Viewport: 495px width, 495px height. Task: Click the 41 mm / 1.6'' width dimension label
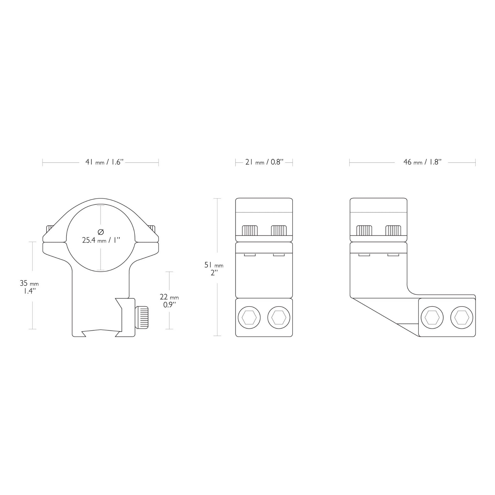click(104, 162)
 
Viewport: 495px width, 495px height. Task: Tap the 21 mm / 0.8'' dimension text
click(264, 162)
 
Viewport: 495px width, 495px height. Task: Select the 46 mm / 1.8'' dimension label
click(422, 162)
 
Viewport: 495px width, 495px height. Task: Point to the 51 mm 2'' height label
click(214, 269)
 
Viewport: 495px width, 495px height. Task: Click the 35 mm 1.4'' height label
click(29, 287)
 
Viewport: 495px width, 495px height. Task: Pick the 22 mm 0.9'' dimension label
click(169, 300)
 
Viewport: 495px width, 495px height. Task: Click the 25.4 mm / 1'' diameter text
click(101, 240)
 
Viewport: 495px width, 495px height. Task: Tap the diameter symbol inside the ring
click(101, 232)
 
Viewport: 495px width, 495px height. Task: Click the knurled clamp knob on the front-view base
click(142, 317)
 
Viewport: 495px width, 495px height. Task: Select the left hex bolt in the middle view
click(249, 318)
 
